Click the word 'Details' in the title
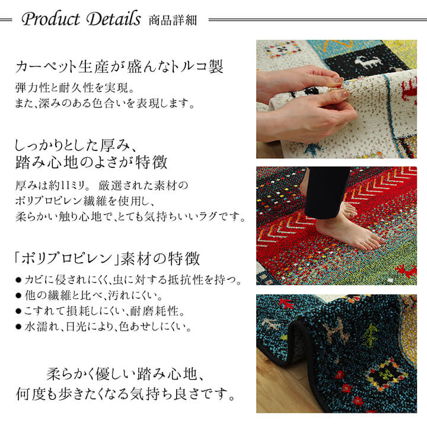pyautogui.click(x=113, y=19)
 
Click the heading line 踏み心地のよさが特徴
pyautogui.click(x=91, y=161)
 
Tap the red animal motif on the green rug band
pyautogui.click(x=406, y=272)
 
